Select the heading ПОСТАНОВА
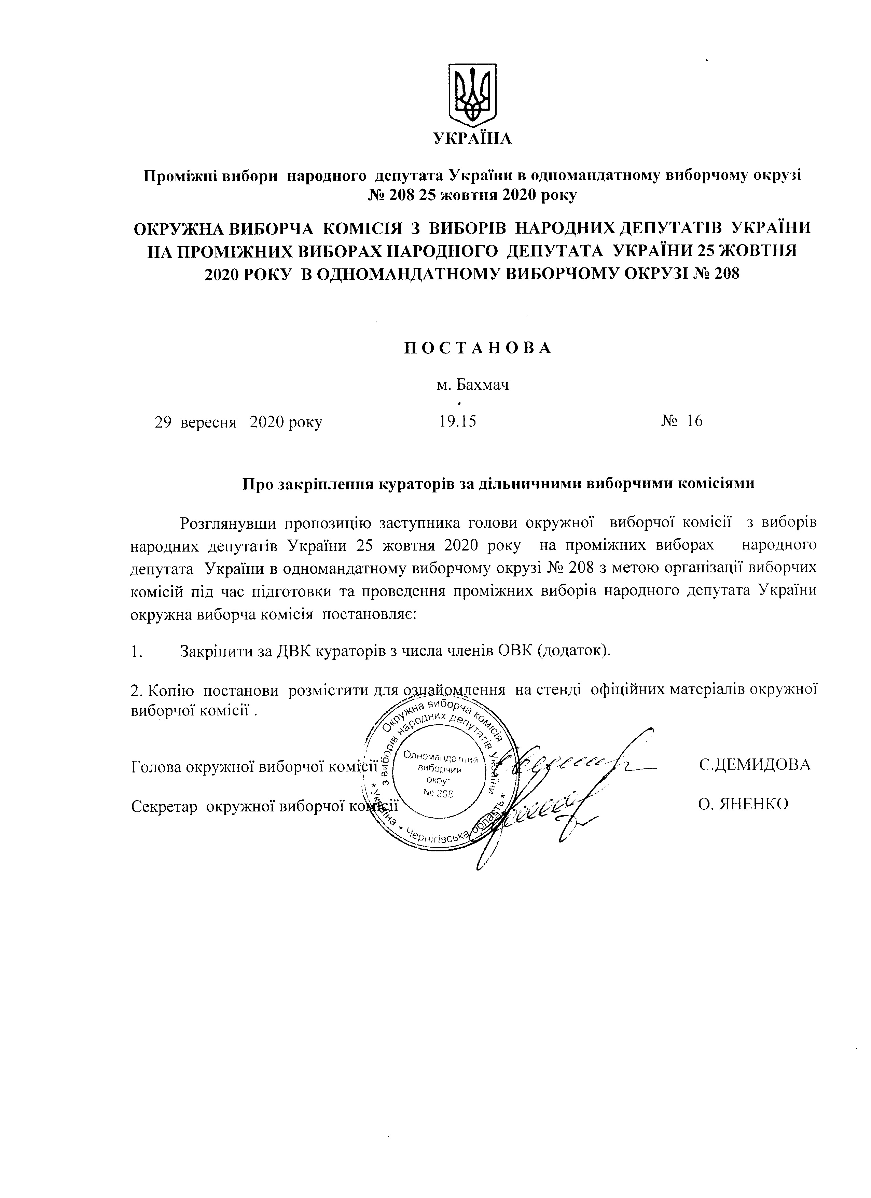pos(478,348)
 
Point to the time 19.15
pos(457,421)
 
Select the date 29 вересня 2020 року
pos(238,422)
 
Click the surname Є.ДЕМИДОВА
pos(753,765)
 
